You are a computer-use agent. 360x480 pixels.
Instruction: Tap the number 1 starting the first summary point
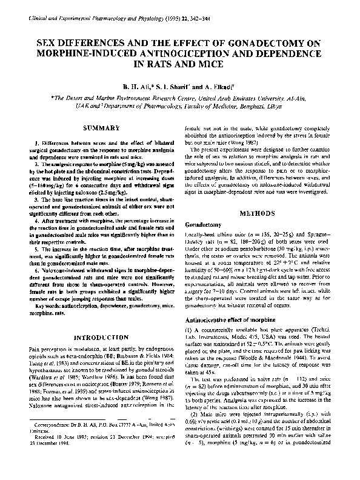click(x=29, y=141)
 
